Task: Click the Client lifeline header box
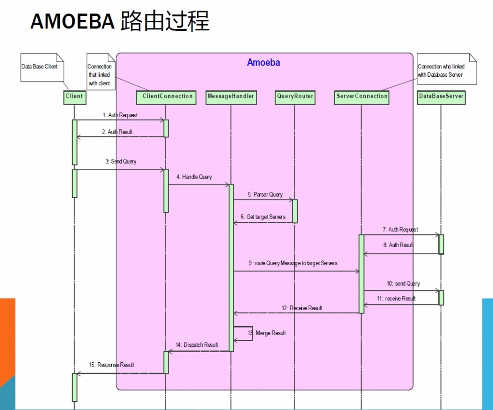[x=74, y=96]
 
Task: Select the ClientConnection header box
[x=166, y=96]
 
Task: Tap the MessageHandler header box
[x=231, y=96]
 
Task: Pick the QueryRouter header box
[x=295, y=96]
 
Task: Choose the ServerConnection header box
[x=362, y=96]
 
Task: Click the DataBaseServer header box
[x=441, y=96]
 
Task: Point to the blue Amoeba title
[x=263, y=63]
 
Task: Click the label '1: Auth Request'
[x=120, y=115]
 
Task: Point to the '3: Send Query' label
[x=121, y=162]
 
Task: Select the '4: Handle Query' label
[x=194, y=177]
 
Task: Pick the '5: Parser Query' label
[x=265, y=195]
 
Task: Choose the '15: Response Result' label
[x=112, y=365]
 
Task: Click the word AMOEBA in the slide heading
[x=72, y=22]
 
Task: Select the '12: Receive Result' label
[x=302, y=308]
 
